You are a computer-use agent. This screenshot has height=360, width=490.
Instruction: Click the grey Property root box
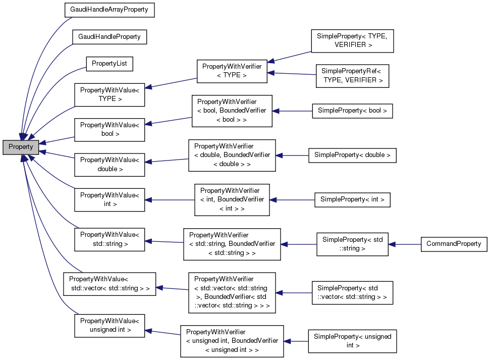coord(20,147)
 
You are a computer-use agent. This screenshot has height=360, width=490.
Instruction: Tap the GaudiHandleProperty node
coord(109,37)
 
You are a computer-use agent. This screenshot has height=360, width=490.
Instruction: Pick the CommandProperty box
coord(453,244)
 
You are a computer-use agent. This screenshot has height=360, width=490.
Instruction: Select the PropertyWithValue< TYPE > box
coord(110,94)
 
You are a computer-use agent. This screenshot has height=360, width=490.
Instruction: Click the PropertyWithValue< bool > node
coord(110,129)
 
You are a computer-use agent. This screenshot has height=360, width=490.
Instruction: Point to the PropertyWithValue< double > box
coord(110,165)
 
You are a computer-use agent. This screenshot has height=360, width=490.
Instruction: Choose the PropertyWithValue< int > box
coord(110,199)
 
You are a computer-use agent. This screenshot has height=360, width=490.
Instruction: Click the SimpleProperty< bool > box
coord(352,111)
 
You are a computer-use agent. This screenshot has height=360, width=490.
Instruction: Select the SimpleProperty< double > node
coord(352,155)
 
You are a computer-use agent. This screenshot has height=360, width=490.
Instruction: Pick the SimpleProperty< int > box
coord(352,199)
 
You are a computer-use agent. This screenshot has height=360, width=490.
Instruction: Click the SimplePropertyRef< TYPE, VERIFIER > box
coord(352,76)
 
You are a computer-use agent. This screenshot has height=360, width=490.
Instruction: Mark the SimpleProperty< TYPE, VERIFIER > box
coord(352,40)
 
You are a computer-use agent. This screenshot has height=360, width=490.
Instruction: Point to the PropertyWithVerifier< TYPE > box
coord(232,71)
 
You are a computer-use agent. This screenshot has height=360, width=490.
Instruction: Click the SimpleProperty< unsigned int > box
coord(352,341)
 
